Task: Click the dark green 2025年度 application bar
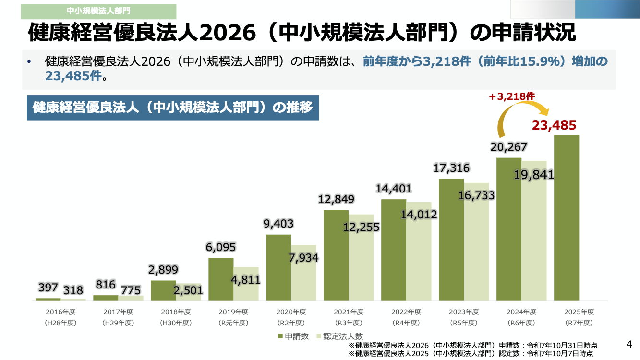tap(567, 218)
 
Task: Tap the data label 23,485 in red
tap(554, 126)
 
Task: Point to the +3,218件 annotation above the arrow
tap(512, 96)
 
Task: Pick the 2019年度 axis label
tap(233, 312)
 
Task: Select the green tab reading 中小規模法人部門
tap(98, 11)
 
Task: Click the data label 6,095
tap(221, 247)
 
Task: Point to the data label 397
tap(48, 288)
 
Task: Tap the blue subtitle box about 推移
tap(173, 108)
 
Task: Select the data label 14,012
tap(419, 215)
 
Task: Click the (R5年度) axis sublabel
tap(464, 323)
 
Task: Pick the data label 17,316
tap(451, 168)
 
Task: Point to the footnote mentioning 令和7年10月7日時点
tap(473, 354)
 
